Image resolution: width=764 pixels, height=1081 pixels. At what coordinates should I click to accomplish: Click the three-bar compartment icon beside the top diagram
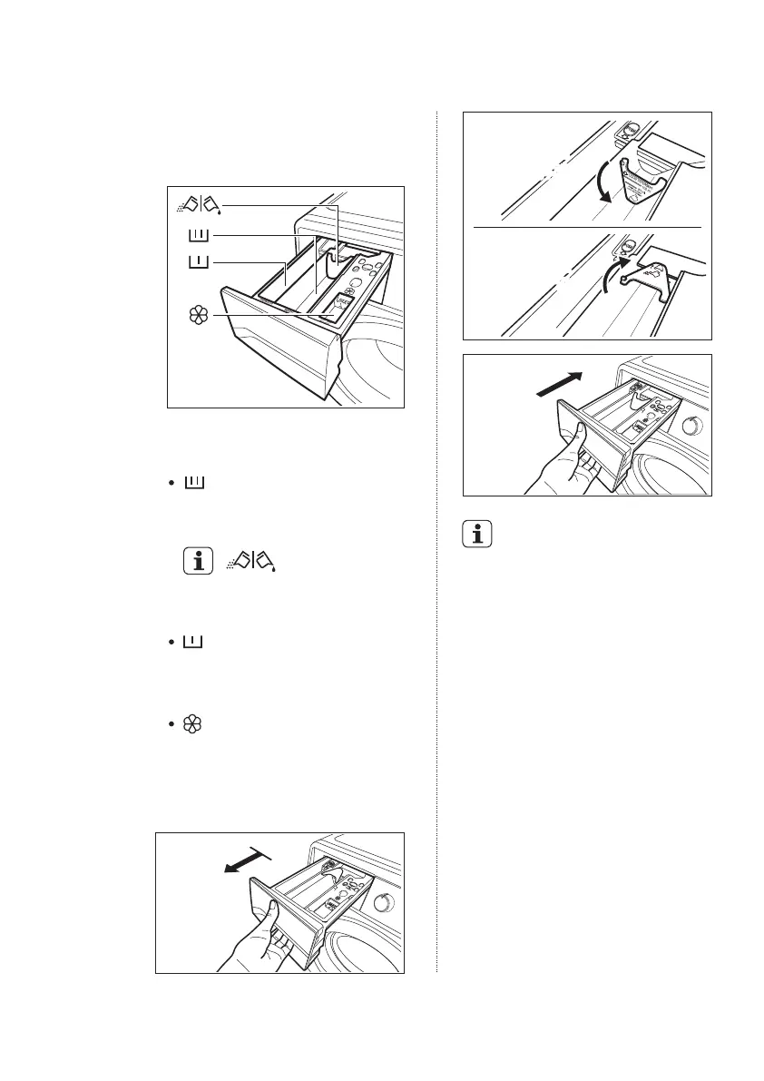pyautogui.click(x=197, y=237)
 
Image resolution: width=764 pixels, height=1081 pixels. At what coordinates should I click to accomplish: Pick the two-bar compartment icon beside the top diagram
pyautogui.click(x=197, y=263)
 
